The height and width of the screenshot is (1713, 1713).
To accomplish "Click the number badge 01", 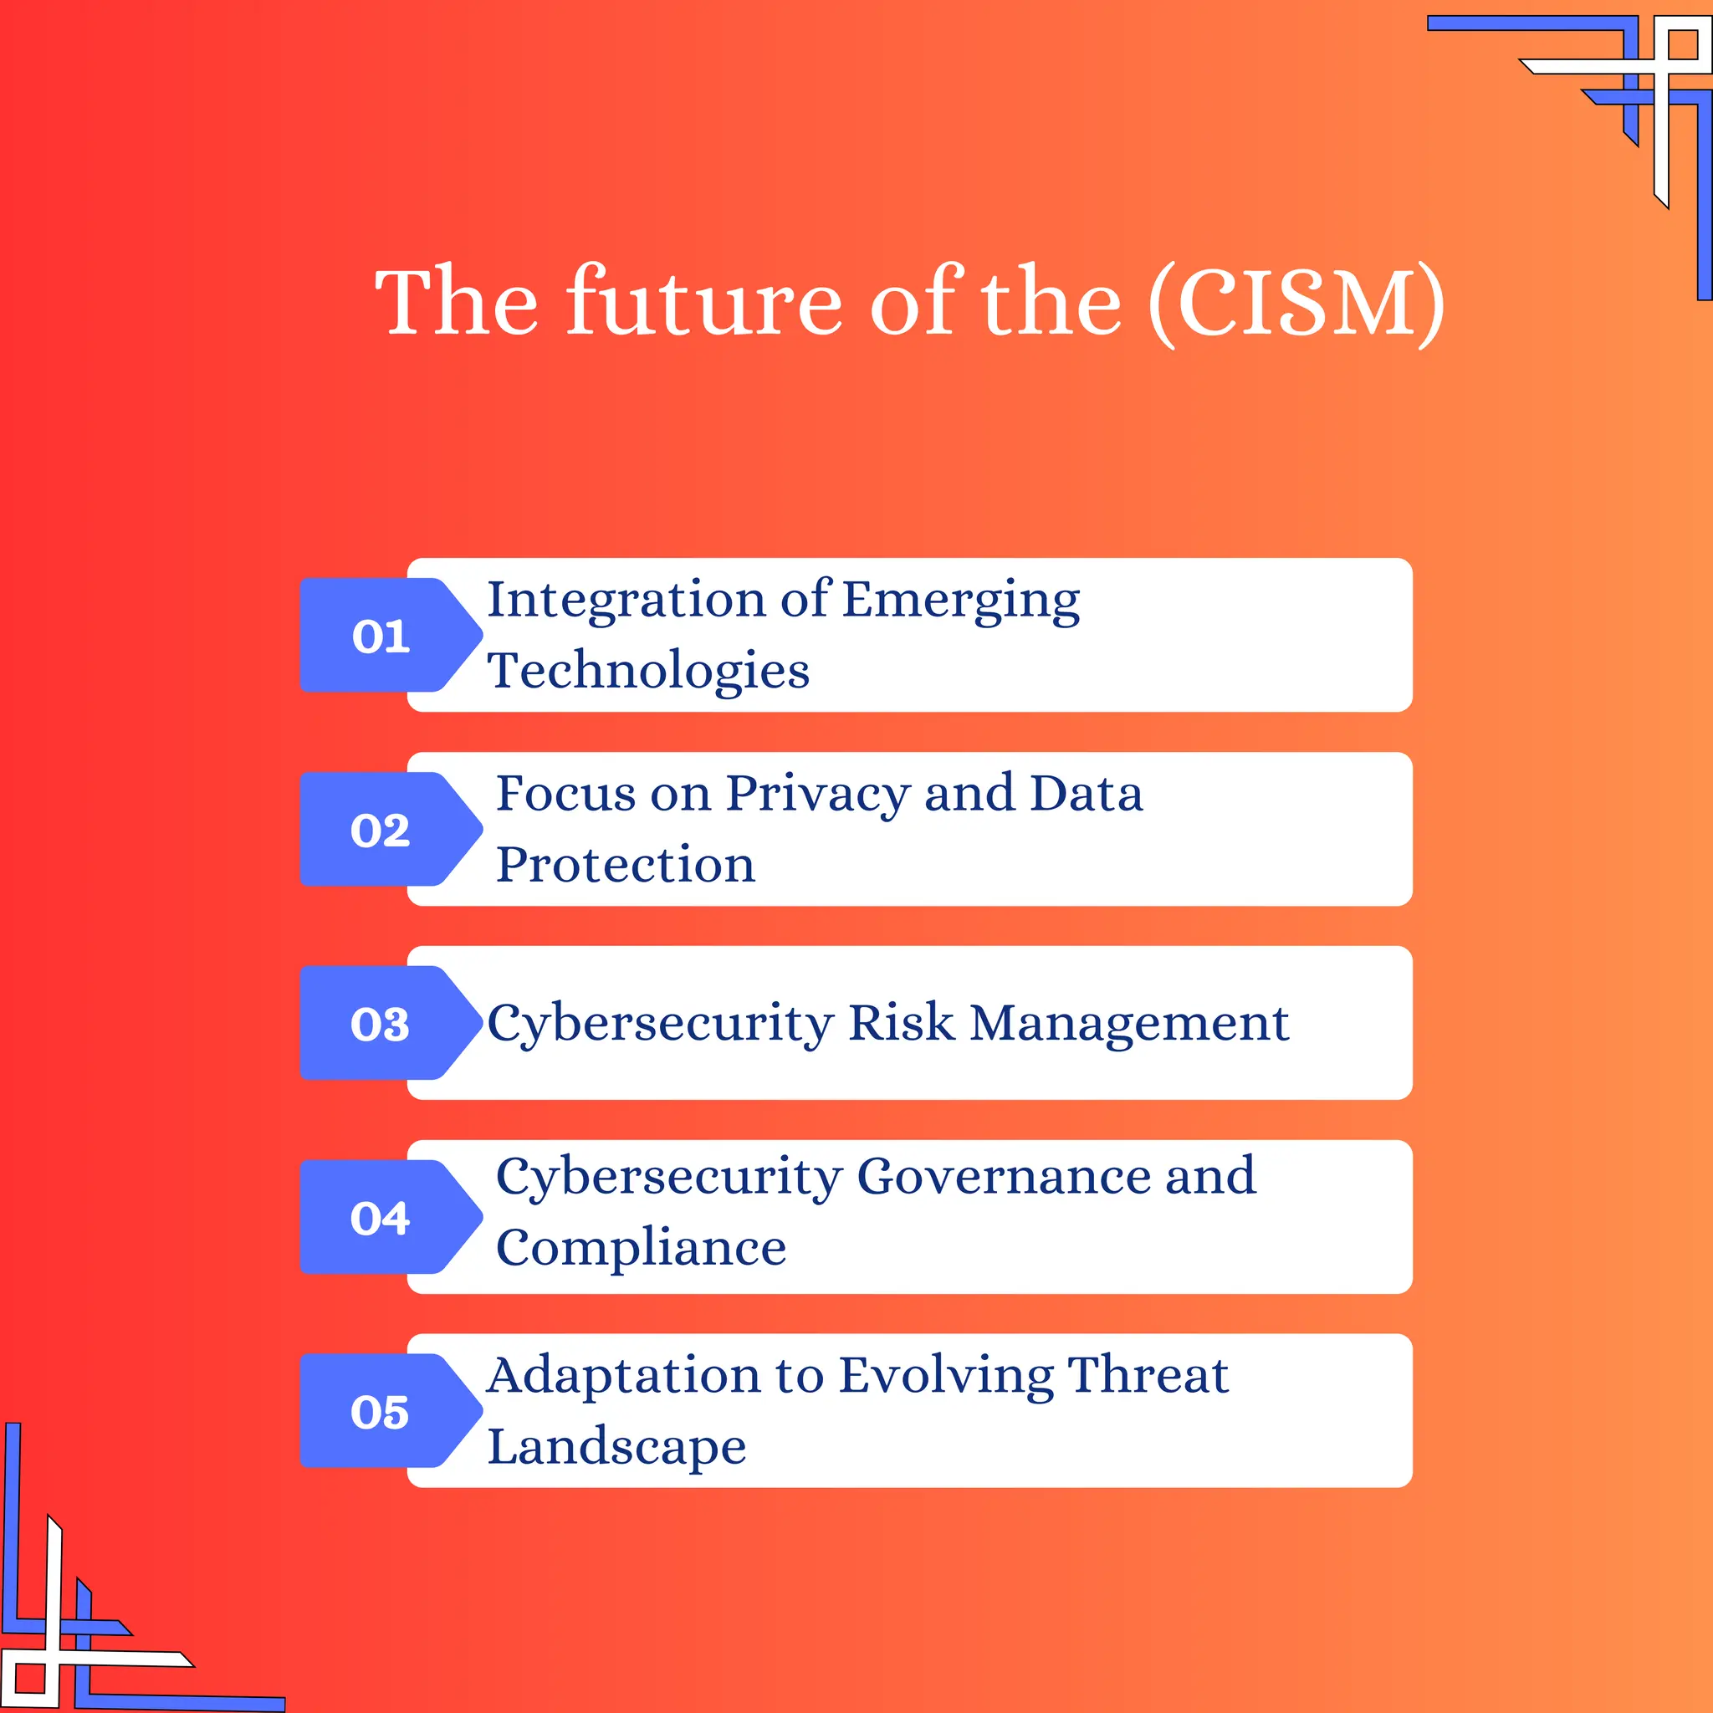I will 381,636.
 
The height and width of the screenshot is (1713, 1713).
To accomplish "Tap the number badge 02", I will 381,830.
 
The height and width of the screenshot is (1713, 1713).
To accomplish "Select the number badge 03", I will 381,1024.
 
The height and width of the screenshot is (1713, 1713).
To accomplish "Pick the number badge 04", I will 381,1217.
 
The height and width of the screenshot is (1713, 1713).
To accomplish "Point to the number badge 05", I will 381,1412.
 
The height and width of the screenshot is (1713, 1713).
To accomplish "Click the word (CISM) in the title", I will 1296,304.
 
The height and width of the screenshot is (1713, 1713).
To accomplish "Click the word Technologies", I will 648,670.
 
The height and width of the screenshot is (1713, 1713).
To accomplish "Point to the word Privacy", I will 817,795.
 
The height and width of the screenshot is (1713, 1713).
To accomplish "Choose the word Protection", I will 625,865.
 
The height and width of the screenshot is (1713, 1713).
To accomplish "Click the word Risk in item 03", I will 901,1023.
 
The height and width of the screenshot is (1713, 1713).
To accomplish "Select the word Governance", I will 1004,1178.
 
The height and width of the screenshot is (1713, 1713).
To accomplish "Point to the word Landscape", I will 617,1448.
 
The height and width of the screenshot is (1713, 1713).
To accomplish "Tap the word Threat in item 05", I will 1148,1375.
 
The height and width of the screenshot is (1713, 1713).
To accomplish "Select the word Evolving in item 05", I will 946,1377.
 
